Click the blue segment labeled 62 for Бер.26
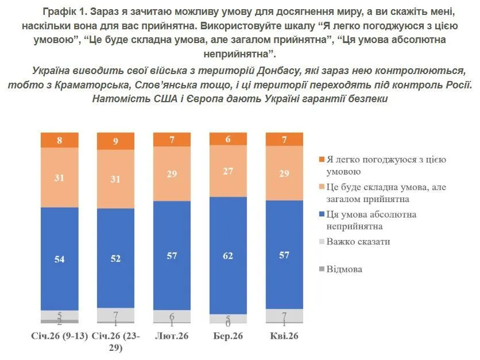tap(228, 256)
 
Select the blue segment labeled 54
tap(59, 258)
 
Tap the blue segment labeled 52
tap(115, 259)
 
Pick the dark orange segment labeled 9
tap(115, 141)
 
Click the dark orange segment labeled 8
tap(59, 140)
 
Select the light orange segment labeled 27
tap(228, 171)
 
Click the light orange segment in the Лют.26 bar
tap(172, 173)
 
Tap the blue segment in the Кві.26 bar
tap(284, 254)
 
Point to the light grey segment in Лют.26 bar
tap(172, 316)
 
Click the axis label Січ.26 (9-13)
tap(60, 335)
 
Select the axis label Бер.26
tap(228, 335)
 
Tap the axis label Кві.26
tap(284, 335)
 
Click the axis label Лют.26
tap(172, 335)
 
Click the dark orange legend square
tap(321, 160)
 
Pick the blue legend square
tap(321, 215)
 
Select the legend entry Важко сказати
tap(358, 242)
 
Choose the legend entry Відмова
tap(344, 269)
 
